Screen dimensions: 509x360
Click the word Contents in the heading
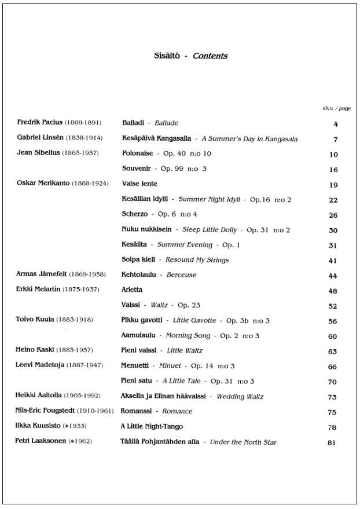tap(210, 56)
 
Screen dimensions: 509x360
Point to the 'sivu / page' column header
tap(336, 108)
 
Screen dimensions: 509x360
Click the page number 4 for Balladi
tap(336, 124)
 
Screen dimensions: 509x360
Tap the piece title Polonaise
tap(138, 153)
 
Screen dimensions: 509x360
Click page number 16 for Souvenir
tap(333, 170)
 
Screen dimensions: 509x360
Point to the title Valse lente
tap(140, 184)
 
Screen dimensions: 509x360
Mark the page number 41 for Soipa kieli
tap(333, 261)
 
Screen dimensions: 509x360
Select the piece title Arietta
tap(132, 290)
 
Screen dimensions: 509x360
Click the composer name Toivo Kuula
tap(35, 320)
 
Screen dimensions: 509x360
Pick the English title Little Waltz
tap(185, 350)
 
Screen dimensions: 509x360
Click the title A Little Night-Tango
tap(152, 427)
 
